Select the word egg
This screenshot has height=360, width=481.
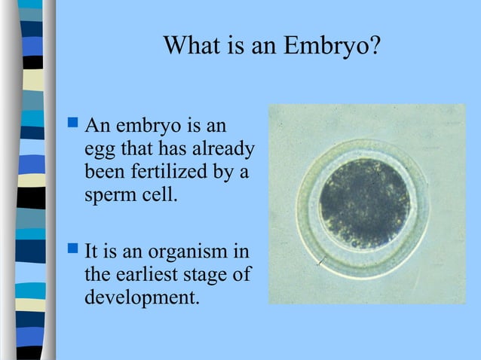100,148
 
